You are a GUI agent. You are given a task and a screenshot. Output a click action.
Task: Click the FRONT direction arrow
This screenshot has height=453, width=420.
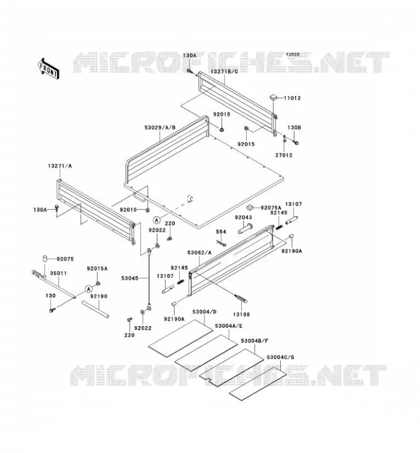point(48,69)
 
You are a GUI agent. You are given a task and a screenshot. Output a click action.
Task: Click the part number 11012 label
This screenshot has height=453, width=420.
point(292,98)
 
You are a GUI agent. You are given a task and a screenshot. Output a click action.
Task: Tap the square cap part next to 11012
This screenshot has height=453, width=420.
point(273,97)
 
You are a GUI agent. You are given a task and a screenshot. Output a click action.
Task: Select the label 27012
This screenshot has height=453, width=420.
point(284,155)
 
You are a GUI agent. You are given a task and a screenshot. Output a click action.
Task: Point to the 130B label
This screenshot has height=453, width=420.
point(294,127)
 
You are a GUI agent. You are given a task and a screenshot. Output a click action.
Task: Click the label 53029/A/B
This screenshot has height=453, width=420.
point(160,127)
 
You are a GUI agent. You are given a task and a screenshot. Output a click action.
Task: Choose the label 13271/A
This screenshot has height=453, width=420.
point(60,166)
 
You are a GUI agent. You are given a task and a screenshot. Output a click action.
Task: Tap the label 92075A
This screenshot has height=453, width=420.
point(271,208)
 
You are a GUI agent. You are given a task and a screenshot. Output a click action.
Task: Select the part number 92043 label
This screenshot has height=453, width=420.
point(243,217)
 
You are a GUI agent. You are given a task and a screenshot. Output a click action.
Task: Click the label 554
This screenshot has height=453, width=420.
point(221,232)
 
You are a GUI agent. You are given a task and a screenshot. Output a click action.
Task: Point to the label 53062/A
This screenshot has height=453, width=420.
point(199,253)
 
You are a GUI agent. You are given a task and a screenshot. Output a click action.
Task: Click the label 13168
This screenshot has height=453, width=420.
point(241,314)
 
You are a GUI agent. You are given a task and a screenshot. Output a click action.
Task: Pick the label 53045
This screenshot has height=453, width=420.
point(130,278)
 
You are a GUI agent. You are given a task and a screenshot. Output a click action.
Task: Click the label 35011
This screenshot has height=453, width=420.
point(58,273)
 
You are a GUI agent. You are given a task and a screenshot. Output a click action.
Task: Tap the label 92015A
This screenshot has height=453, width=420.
point(97,268)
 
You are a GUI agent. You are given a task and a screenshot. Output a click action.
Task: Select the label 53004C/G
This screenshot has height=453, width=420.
point(276,357)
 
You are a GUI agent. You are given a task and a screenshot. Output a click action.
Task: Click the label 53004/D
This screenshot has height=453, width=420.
point(204,312)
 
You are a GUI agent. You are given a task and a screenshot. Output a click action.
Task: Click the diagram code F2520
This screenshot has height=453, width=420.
point(293,54)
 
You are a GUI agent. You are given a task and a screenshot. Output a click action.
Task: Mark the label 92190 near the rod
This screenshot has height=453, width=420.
point(98,296)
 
